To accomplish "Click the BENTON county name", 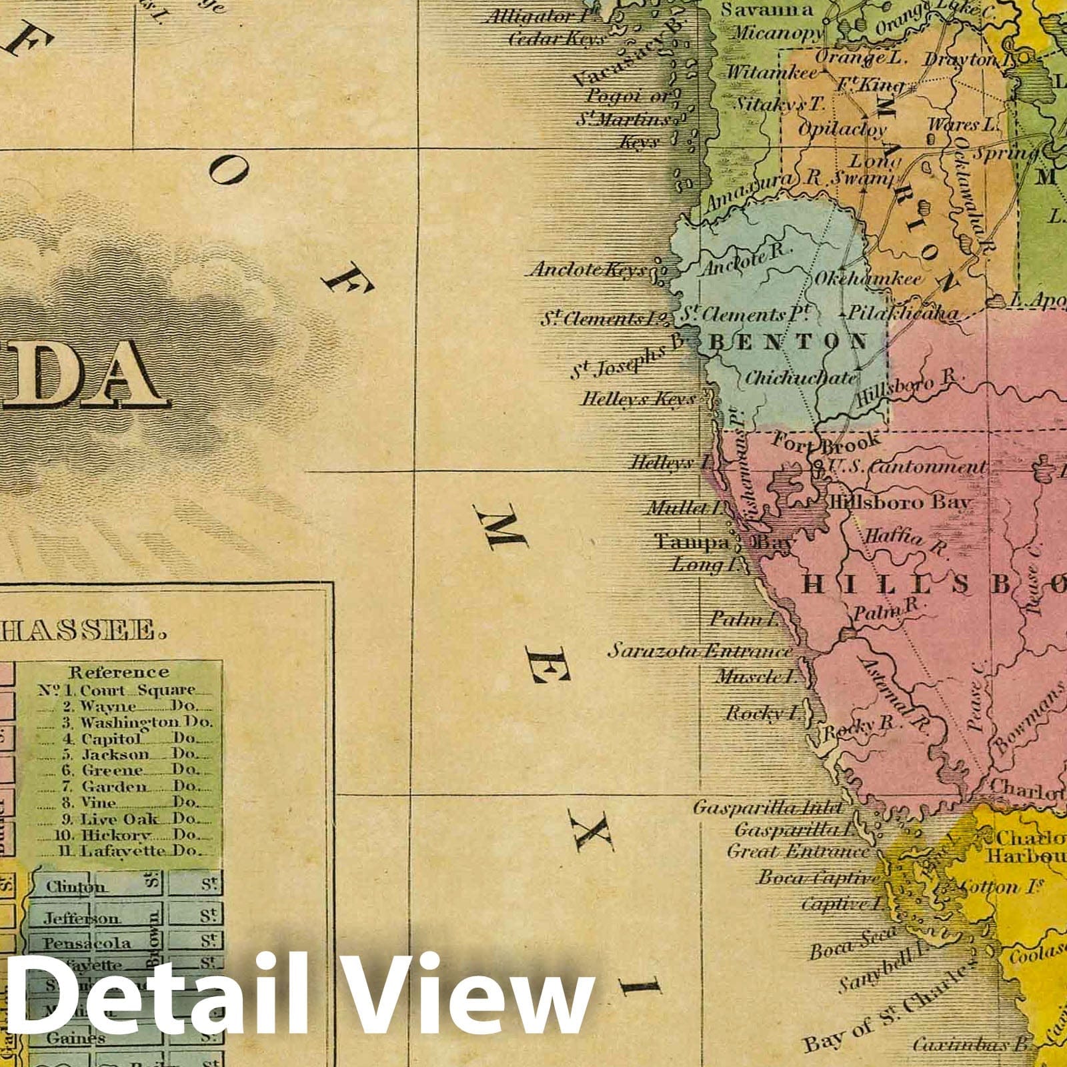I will [x=788, y=343].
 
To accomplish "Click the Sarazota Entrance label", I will [x=700, y=651].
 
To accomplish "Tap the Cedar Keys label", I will [x=556, y=39].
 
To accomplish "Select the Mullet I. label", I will [x=678, y=508].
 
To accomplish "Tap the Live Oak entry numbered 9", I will [x=119, y=819].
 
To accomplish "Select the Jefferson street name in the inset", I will [x=82, y=918].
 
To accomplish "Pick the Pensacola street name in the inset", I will [x=87, y=943].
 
